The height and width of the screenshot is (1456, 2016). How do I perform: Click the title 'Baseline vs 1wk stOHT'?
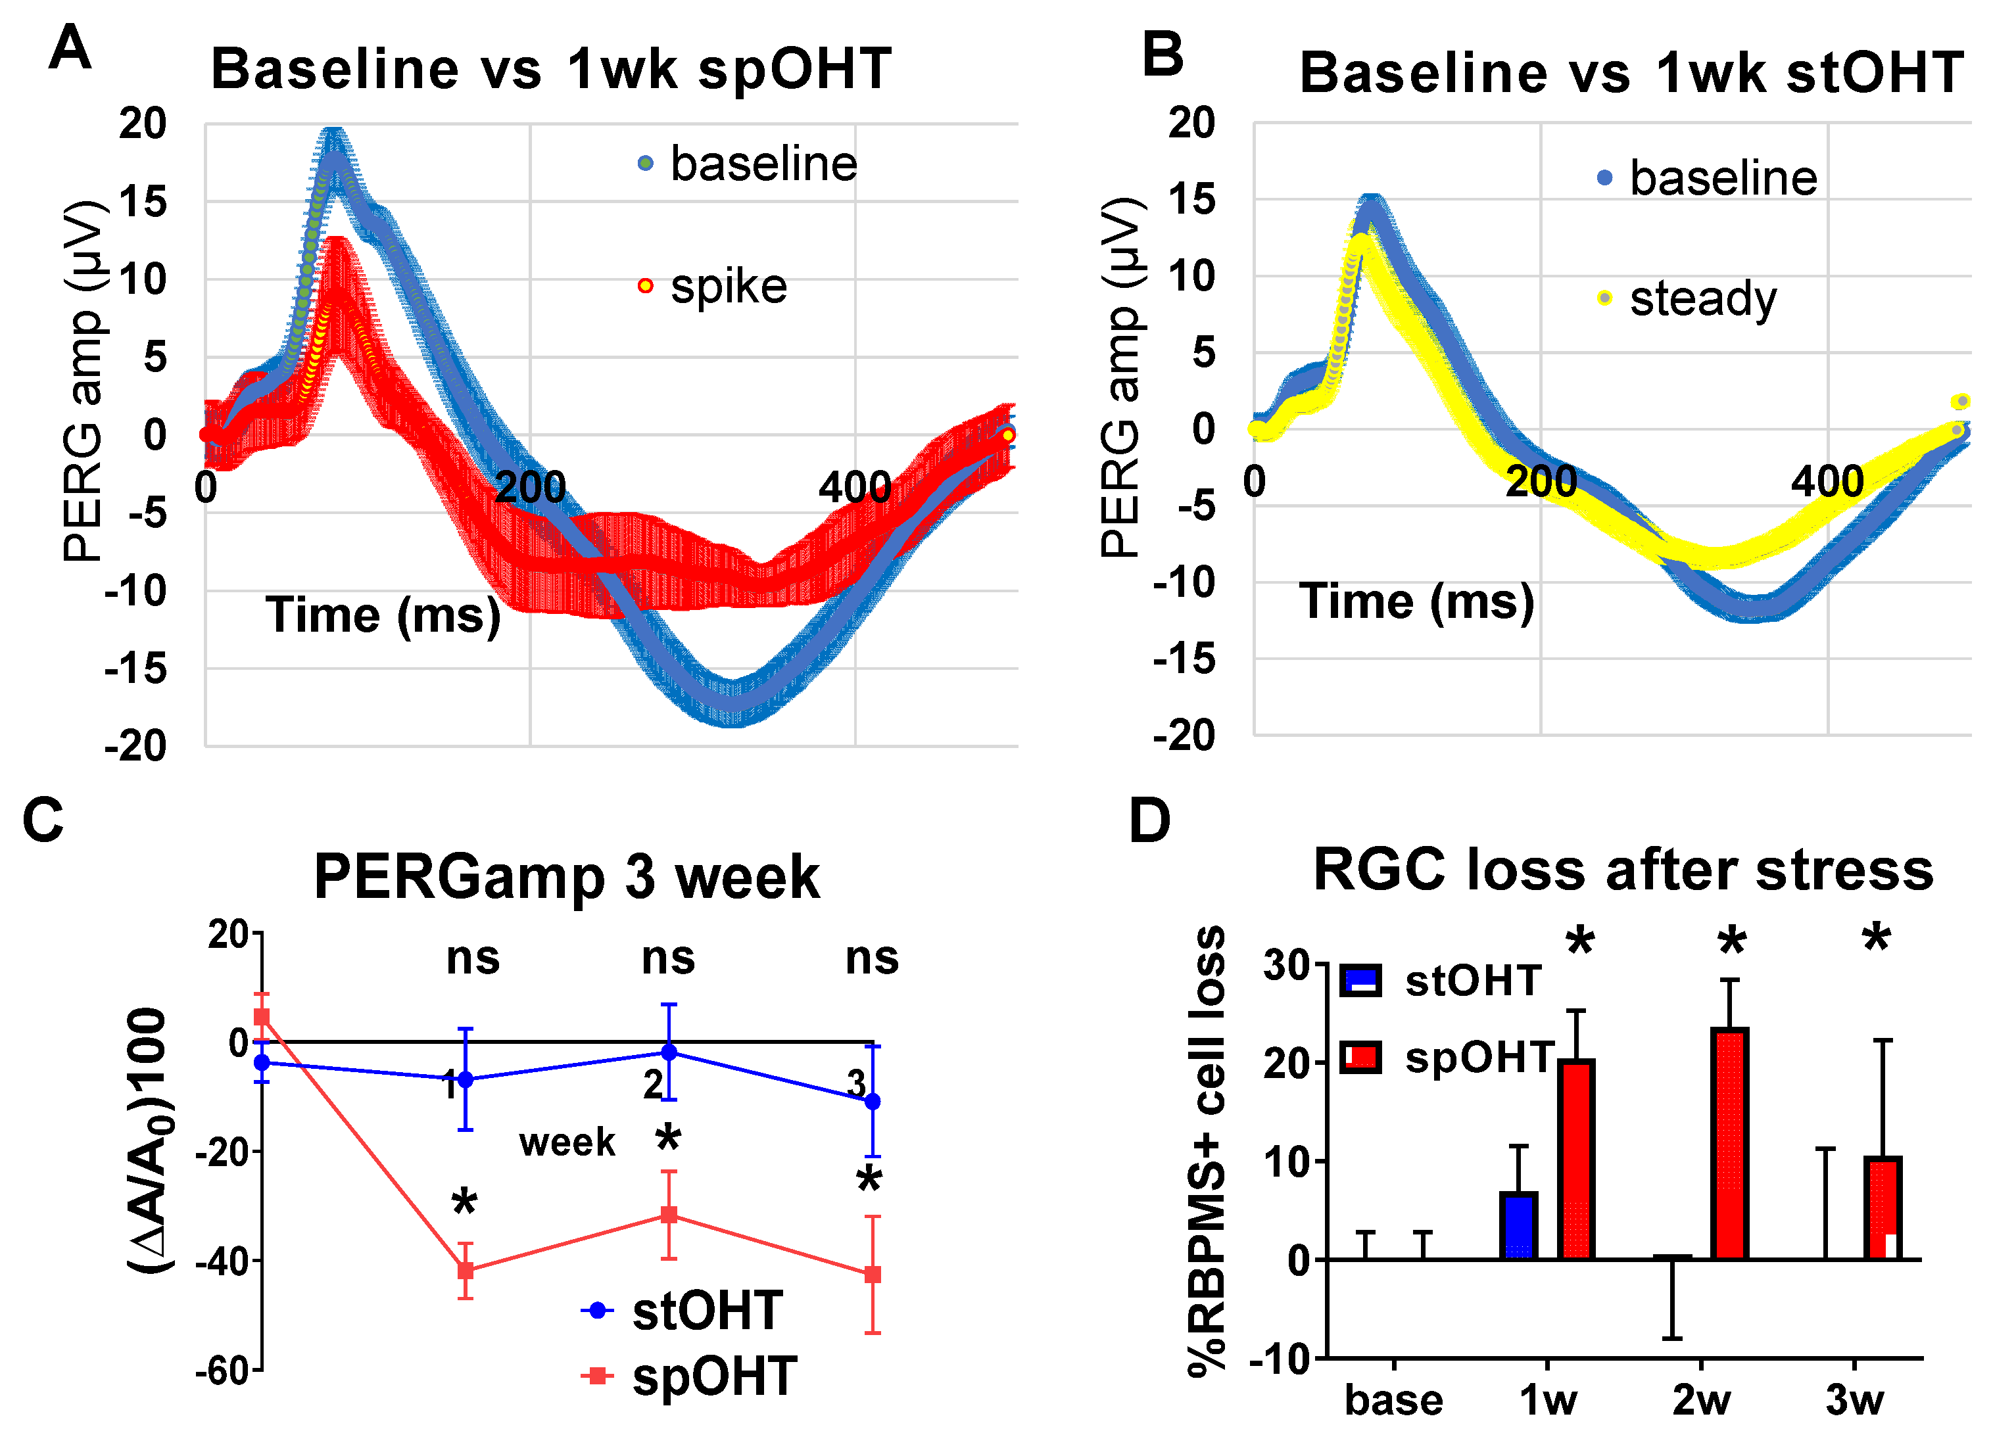click(1631, 73)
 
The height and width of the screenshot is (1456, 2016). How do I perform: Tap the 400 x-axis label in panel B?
click(1826, 482)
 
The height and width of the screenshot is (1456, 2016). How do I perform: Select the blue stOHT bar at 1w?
click(1518, 1226)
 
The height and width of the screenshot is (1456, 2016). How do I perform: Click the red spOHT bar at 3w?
click(1882, 1209)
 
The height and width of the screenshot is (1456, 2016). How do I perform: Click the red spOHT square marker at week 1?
click(466, 1270)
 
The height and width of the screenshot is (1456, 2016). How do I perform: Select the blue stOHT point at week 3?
click(873, 1101)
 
